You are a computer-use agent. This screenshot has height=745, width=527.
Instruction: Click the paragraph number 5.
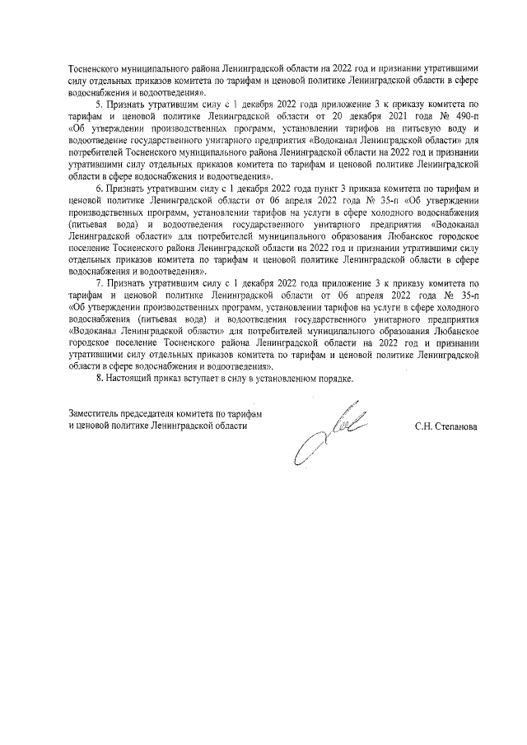tap(98, 105)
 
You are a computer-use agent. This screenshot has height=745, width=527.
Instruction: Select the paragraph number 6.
tap(98, 189)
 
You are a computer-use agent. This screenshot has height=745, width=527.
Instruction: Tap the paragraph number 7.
tap(98, 284)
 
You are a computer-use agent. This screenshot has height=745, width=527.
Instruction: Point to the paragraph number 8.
tap(100, 379)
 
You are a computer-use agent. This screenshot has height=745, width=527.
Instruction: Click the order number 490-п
tap(464, 117)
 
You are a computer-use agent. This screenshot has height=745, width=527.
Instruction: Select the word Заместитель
tap(93, 413)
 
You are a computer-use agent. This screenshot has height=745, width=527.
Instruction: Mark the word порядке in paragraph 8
tap(332, 379)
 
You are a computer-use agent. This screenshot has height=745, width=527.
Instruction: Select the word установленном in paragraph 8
tap(277, 379)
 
